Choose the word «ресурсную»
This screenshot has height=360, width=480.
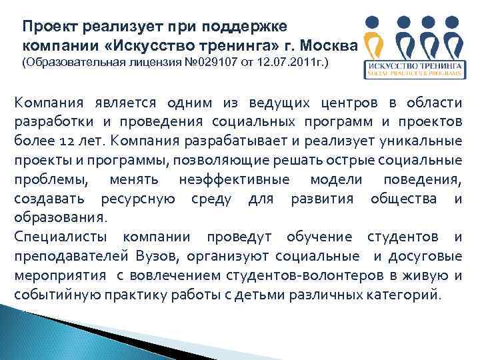[x=138, y=199]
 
